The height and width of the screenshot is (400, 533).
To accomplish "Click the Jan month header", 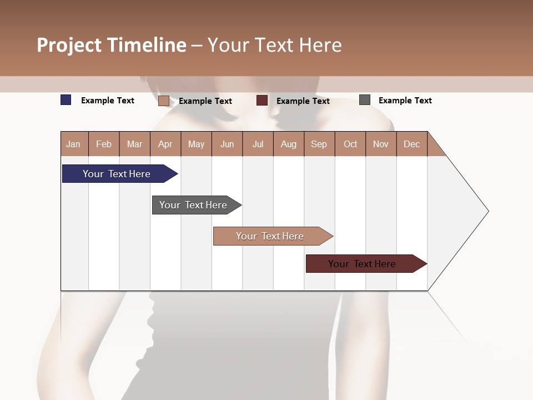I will [x=73, y=144].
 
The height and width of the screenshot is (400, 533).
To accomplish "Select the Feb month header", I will [x=104, y=144].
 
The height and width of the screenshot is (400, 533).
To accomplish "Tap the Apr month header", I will [x=165, y=144].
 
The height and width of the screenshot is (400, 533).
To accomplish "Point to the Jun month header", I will [x=227, y=144].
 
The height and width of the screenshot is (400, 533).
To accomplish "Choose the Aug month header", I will [x=288, y=144].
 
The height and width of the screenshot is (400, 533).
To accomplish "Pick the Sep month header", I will [x=319, y=144].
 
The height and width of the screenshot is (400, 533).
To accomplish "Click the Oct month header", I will [x=350, y=144].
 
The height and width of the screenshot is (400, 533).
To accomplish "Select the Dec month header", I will [x=411, y=144].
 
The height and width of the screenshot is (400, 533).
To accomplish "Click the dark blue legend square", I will [x=66, y=100].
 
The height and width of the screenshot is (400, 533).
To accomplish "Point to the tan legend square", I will [x=163, y=101].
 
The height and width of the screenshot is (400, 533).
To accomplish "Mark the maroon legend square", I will [x=262, y=101].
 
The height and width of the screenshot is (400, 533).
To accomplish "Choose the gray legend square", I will [x=365, y=100].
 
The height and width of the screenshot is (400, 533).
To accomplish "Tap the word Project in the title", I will [x=69, y=45].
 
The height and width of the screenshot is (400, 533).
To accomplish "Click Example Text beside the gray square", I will [x=405, y=101].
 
